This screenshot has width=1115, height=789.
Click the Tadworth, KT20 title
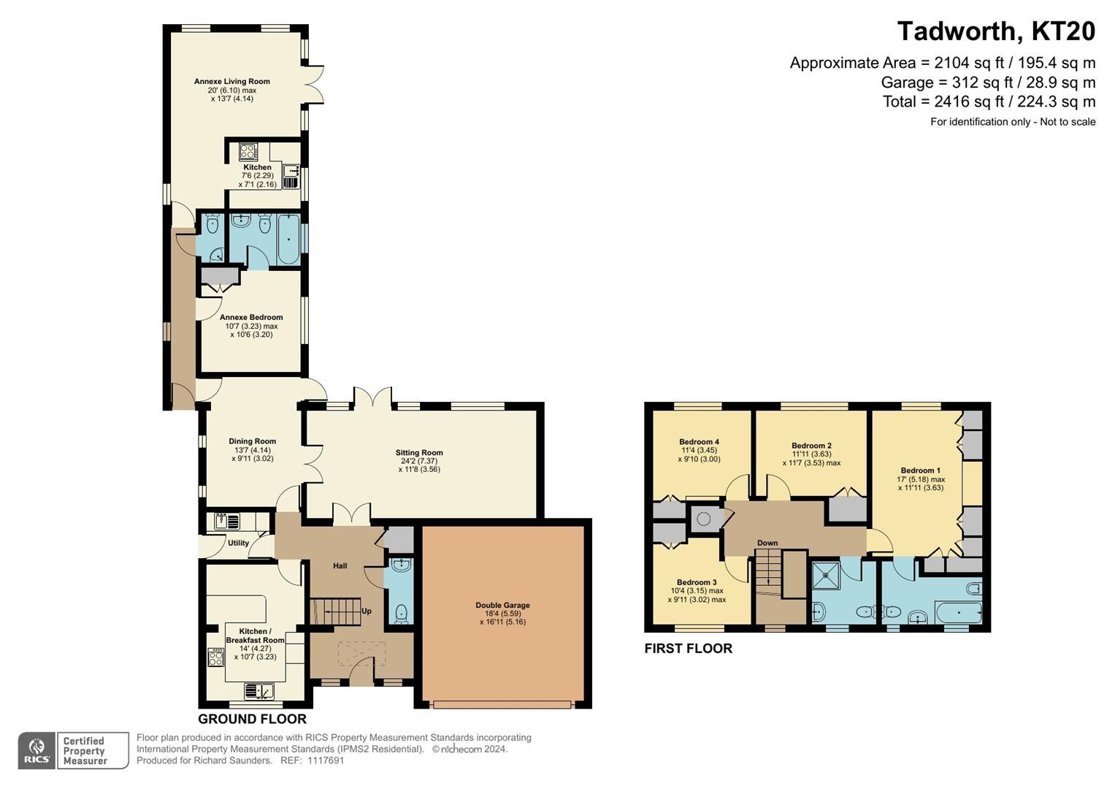pos(995,31)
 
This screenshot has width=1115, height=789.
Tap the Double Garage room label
pos(502,605)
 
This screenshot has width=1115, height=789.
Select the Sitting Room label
pos(421,453)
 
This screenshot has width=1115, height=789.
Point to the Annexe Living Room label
pos(231,82)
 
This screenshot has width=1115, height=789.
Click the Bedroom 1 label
pos(920,470)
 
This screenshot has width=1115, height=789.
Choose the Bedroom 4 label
pos(699,442)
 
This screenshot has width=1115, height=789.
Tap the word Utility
pos(238,543)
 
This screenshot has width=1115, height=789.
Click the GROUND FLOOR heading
pos(252,720)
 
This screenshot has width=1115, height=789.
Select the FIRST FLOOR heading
pos(688,649)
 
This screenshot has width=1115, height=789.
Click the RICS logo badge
pos(37,751)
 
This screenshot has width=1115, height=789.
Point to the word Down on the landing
pos(767,543)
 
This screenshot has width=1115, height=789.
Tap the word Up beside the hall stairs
pos(367,611)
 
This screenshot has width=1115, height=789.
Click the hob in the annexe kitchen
pos(248,151)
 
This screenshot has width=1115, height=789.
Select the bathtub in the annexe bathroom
pos(289,239)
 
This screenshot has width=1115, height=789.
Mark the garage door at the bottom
pos(502,705)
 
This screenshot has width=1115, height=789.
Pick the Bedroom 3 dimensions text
pos(697,595)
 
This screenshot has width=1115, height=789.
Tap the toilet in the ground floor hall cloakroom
pos(399,613)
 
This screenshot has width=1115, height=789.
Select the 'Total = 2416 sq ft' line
pos(989,102)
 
